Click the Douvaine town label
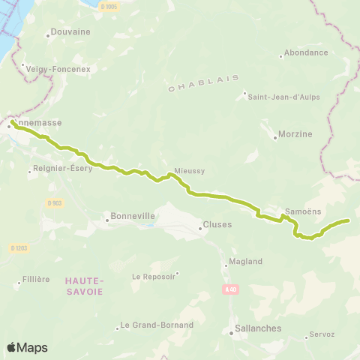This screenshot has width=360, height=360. pos(69,32)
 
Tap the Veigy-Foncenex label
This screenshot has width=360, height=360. pos(58,68)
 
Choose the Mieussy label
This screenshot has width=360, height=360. pos(189,171)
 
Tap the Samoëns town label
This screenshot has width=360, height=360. pos(304,212)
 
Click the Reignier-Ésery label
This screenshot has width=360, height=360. pos(63,169)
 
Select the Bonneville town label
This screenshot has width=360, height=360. pos(132,216)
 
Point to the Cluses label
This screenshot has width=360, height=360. pos(217,225)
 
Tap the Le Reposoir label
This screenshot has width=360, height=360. pos(153,276)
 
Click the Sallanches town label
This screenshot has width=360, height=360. pos(256,328)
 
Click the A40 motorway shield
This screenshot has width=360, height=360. pos(230,288)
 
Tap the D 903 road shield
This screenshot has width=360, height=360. pos(52,202)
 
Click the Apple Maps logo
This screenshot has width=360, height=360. pos(27,347)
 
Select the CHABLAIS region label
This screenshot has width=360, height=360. pos(203,83)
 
